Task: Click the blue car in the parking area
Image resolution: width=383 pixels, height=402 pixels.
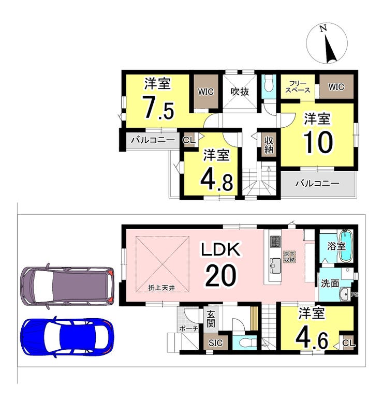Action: [x=66, y=337]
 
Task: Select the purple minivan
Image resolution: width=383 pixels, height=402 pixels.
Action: [x=67, y=285]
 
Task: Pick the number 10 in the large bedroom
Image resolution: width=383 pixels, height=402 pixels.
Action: [x=318, y=143]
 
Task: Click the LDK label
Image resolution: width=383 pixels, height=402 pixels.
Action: [x=221, y=249]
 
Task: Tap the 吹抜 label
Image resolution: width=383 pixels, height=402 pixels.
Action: [x=240, y=92]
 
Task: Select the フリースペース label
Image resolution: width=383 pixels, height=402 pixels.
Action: [x=298, y=87]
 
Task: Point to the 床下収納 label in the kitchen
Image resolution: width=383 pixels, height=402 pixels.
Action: [x=289, y=257]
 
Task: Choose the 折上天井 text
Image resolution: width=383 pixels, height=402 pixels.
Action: [x=161, y=288]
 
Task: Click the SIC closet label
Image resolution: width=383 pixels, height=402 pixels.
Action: [x=215, y=343]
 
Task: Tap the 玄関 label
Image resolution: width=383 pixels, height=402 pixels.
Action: [x=211, y=319]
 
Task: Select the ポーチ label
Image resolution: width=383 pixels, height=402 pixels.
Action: [x=188, y=329]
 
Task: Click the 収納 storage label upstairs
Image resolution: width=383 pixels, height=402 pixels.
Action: [x=269, y=145]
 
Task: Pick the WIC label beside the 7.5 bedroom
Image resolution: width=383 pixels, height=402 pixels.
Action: [x=206, y=92]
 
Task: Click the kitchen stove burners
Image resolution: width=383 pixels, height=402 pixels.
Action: [x=275, y=242]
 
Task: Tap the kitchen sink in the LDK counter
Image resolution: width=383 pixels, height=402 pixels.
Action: [x=275, y=265]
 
